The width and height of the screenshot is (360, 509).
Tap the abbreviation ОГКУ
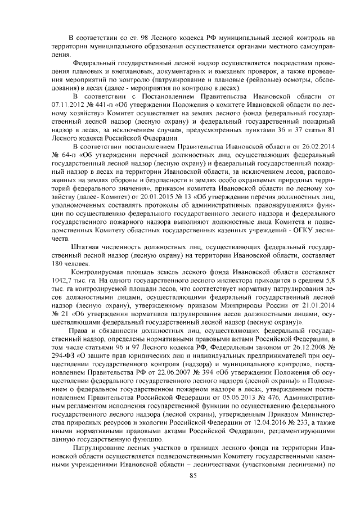295,229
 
